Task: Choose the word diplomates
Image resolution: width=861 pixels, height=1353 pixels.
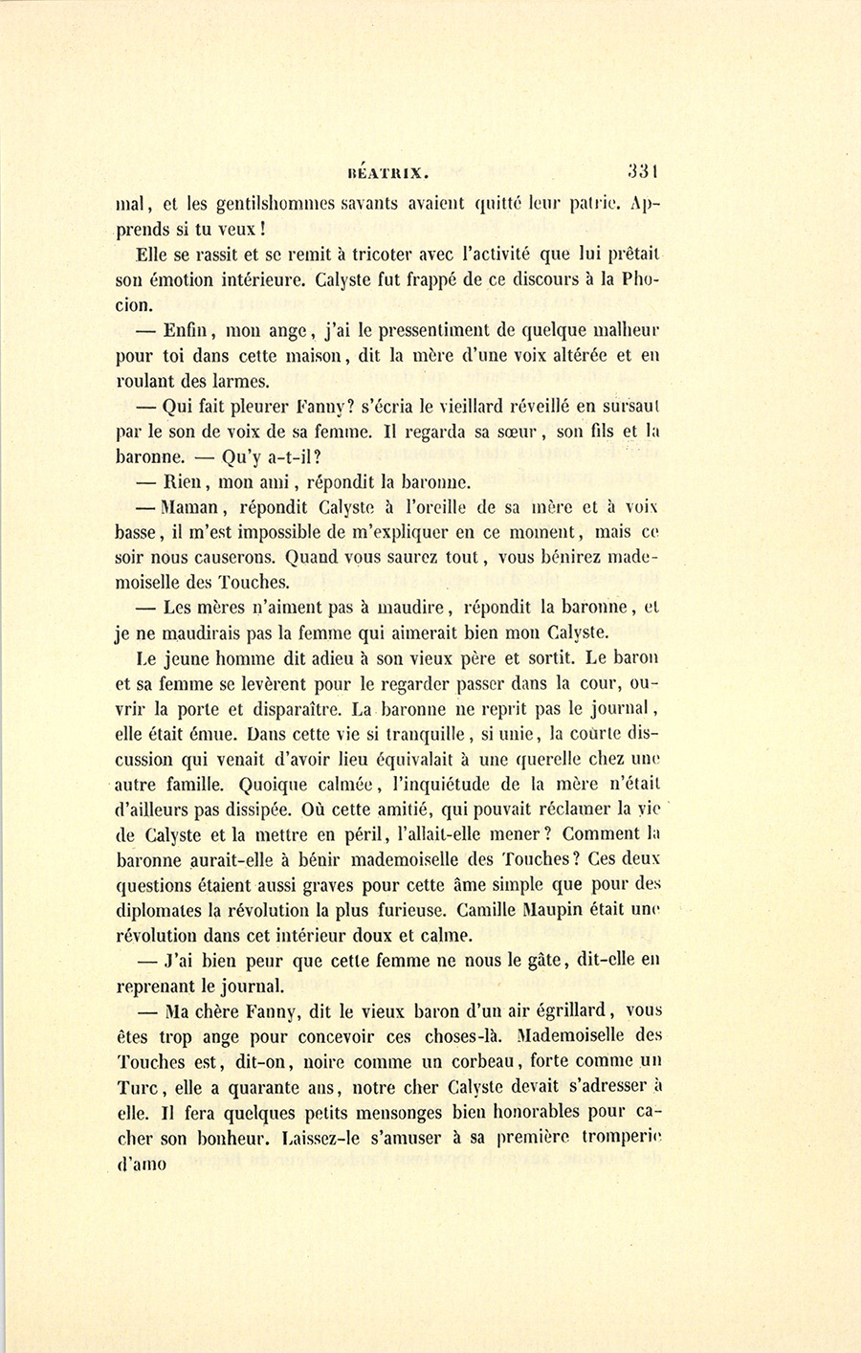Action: [164, 910]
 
